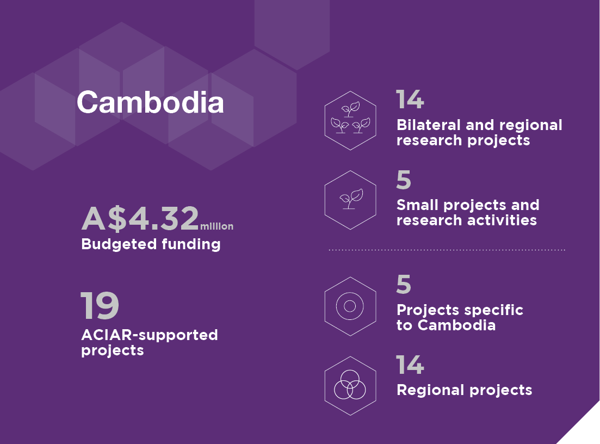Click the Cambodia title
[150, 103]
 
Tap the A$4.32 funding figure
[140, 218]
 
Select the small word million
[217, 226]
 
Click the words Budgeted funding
[151, 244]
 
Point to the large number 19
[100, 305]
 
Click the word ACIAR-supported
[150, 335]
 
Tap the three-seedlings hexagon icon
[350, 121]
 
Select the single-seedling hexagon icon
[350, 200]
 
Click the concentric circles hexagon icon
[350, 306]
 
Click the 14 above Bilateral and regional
[410, 99]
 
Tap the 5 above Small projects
[404, 180]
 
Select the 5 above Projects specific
[404, 284]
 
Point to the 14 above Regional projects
[410, 365]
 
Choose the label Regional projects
[465, 390]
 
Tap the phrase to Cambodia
[446, 325]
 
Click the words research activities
[467, 220]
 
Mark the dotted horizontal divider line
[447, 250]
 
